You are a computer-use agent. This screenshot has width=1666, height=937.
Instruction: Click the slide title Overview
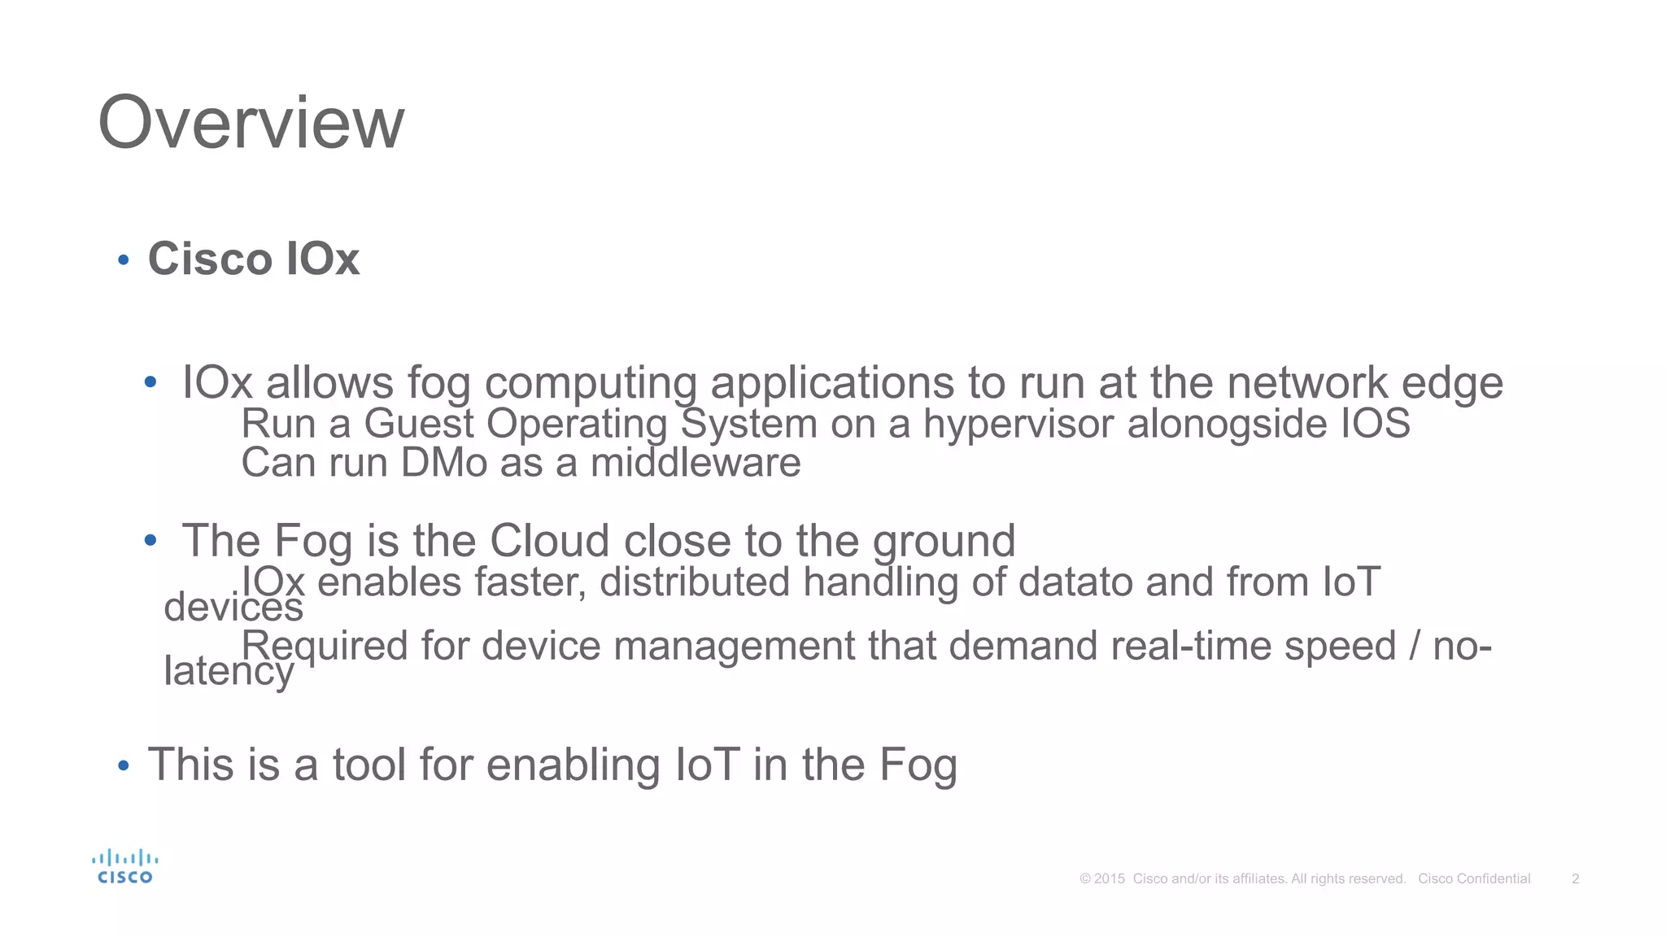pos(251,123)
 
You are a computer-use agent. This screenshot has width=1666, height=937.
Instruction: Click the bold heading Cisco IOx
pos(253,259)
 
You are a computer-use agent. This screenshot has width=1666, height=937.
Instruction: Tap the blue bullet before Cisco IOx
pos(124,260)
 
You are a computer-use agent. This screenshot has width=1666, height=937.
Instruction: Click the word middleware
pos(696,463)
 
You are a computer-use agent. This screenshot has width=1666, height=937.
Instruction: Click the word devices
pos(233,608)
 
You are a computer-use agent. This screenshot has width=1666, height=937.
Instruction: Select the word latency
pos(229,671)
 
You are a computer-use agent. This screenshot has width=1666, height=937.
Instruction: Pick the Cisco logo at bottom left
pos(124,867)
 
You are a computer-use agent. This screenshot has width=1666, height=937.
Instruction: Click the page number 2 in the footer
pos(1575,878)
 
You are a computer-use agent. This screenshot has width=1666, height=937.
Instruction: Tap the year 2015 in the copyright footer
pos(1109,878)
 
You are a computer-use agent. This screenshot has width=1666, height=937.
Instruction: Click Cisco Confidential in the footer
pos(1474,878)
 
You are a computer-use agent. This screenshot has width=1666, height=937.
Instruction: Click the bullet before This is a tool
pos(124,765)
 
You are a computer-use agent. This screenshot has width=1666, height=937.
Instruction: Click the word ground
pos(944,541)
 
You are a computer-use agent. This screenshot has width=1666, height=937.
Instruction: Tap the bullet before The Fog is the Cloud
pos(150,540)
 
